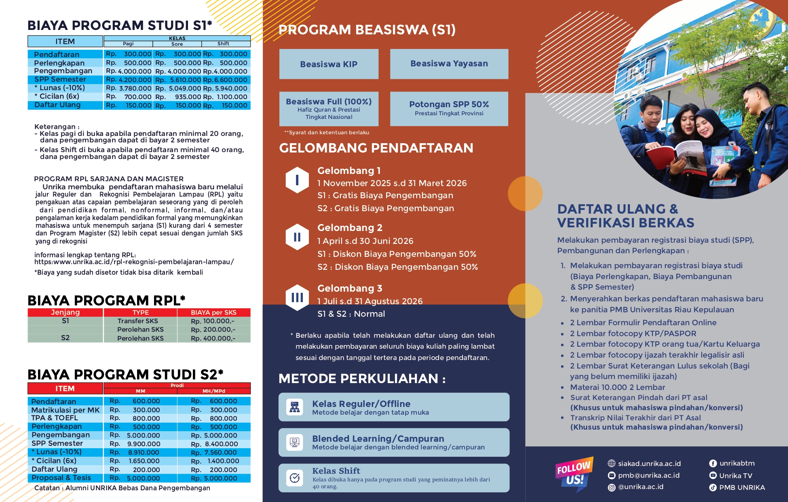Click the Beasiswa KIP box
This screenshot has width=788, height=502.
point(329,64)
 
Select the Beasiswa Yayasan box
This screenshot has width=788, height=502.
point(449,64)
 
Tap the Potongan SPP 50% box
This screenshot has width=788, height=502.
point(449,108)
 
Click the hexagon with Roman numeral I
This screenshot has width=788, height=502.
point(297,180)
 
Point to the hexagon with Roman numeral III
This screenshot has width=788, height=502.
point(297,298)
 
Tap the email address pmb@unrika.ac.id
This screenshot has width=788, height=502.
point(649,475)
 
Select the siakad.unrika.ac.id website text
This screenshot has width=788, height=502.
point(649,464)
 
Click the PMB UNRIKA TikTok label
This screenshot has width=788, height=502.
point(742,487)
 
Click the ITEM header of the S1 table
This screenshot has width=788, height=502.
point(65,41)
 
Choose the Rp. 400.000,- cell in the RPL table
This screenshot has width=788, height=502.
point(213,338)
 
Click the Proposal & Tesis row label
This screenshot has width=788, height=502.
point(61,478)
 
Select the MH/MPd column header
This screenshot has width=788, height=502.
point(213,391)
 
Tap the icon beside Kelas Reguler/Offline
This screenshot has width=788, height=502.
point(295,407)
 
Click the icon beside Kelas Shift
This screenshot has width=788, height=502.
point(295,478)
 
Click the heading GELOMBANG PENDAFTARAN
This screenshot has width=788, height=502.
point(376,148)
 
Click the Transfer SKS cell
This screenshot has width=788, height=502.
point(140,321)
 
